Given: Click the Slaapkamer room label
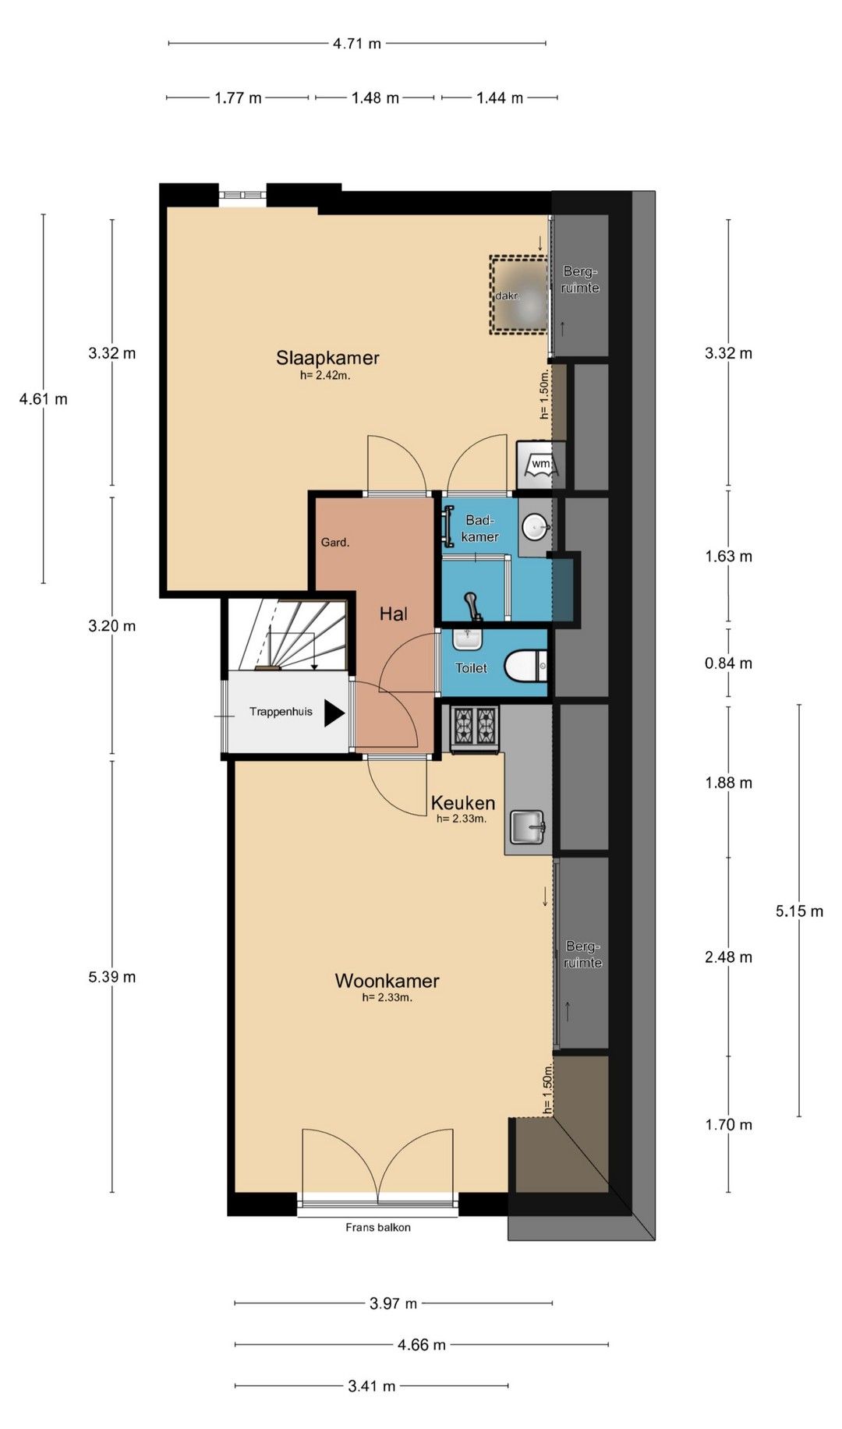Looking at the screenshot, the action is click(x=327, y=358).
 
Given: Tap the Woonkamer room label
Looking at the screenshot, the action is click(x=387, y=980).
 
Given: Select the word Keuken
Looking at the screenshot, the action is click(x=463, y=803).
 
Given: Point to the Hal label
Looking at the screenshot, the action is click(x=394, y=614).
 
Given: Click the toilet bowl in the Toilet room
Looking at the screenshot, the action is click(x=525, y=667).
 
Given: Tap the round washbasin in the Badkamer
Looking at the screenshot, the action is click(x=536, y=527).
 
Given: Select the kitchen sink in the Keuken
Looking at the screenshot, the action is click(x=528, y=827).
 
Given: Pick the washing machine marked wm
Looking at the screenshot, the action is click(x=540, y=465).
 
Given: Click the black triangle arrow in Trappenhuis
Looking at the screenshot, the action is click(x=334, y=713).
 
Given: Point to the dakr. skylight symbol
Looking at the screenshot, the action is click(x=518, y=295).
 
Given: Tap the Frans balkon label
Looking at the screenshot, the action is click(x=378, y=1227).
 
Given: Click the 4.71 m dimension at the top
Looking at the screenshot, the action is click(x=357, y=44).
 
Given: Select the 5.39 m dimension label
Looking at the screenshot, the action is click(x=112, y=977).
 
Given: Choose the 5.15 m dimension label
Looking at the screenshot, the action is click(x=799, y=911).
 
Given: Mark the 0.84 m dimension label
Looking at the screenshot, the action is click(x=729, y=663).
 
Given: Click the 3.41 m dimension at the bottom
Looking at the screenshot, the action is click(x=371, y=1386).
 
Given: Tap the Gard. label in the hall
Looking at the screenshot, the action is click(x=335, y=543).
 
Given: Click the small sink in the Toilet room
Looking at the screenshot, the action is click(x=468, y=638).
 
